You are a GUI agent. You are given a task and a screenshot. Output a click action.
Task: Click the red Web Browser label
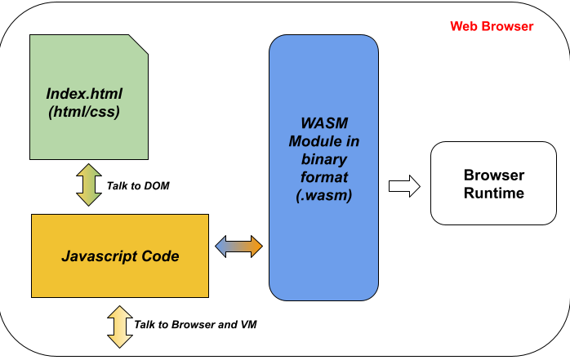point(492,26)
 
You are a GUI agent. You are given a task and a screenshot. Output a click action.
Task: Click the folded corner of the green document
point(140,43)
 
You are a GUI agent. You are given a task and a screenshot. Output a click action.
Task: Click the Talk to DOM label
point(137,186)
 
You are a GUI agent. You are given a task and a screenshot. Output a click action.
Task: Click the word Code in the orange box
point(161,256)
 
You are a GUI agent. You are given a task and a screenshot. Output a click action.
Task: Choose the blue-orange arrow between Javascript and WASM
point(238,245)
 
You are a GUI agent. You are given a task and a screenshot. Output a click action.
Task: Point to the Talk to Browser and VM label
point(196,324)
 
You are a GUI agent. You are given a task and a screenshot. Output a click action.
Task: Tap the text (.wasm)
point(323,195)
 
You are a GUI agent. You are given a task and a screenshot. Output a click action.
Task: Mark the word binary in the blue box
point(323,159)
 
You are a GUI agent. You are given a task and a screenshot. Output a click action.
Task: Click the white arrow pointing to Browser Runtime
point(403,186)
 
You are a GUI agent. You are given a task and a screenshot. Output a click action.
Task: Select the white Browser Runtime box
point(493,184)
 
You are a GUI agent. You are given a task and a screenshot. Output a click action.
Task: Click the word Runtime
point(493,193)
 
